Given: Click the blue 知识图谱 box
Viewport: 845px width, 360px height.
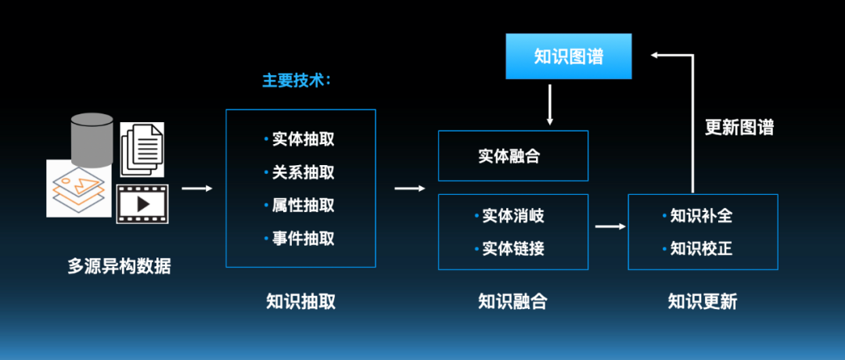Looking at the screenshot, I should coord(568,56).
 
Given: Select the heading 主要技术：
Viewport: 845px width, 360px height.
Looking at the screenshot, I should coord(297,81).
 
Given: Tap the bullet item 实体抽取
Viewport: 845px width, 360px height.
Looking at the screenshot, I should coord(303,139).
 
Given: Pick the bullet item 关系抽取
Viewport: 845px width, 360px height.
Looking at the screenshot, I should coord(303,172).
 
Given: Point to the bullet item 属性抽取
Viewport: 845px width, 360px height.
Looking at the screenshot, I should coord(303,205).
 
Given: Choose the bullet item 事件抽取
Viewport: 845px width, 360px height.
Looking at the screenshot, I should coord(303,238).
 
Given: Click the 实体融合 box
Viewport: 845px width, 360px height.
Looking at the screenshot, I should coord(512,156).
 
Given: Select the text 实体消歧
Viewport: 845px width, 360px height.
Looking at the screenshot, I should coord(512,216).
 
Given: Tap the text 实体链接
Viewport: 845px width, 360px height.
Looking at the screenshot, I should coord(512,249).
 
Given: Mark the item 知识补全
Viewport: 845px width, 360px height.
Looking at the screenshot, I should coord(702,216).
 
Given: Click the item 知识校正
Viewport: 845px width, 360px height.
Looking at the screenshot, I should coord(702,249).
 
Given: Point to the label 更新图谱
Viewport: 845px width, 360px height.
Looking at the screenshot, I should coord(739,128).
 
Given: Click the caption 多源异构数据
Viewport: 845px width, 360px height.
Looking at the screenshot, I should coord(119,266).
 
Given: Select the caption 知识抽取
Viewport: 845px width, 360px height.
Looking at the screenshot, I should coord(300,301).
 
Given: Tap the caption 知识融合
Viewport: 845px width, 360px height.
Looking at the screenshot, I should coord(512,301).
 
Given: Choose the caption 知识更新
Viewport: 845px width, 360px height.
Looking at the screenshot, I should coord(703,301).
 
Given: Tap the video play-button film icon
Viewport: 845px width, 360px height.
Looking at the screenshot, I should coord(142,203).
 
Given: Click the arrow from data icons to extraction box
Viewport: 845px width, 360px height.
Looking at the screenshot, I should coord(197,188).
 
